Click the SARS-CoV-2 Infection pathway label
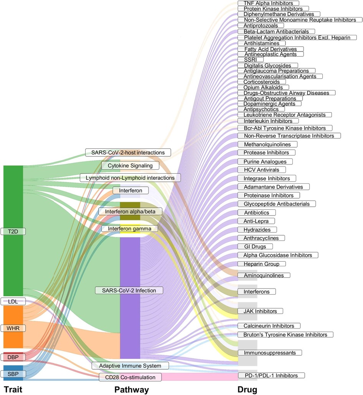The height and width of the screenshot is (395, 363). [x=129, y=290]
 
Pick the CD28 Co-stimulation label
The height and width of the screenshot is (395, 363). [x=130, y=377]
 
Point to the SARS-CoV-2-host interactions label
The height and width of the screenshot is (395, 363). [x=128, y=153]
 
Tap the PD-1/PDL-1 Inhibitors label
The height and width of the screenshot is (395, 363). [x=271, y=375]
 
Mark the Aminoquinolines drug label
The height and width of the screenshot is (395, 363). [x=264, y=276]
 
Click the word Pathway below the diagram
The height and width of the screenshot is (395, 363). [x=132, y=390]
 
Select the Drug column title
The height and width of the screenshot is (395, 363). [x=247, y=390]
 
